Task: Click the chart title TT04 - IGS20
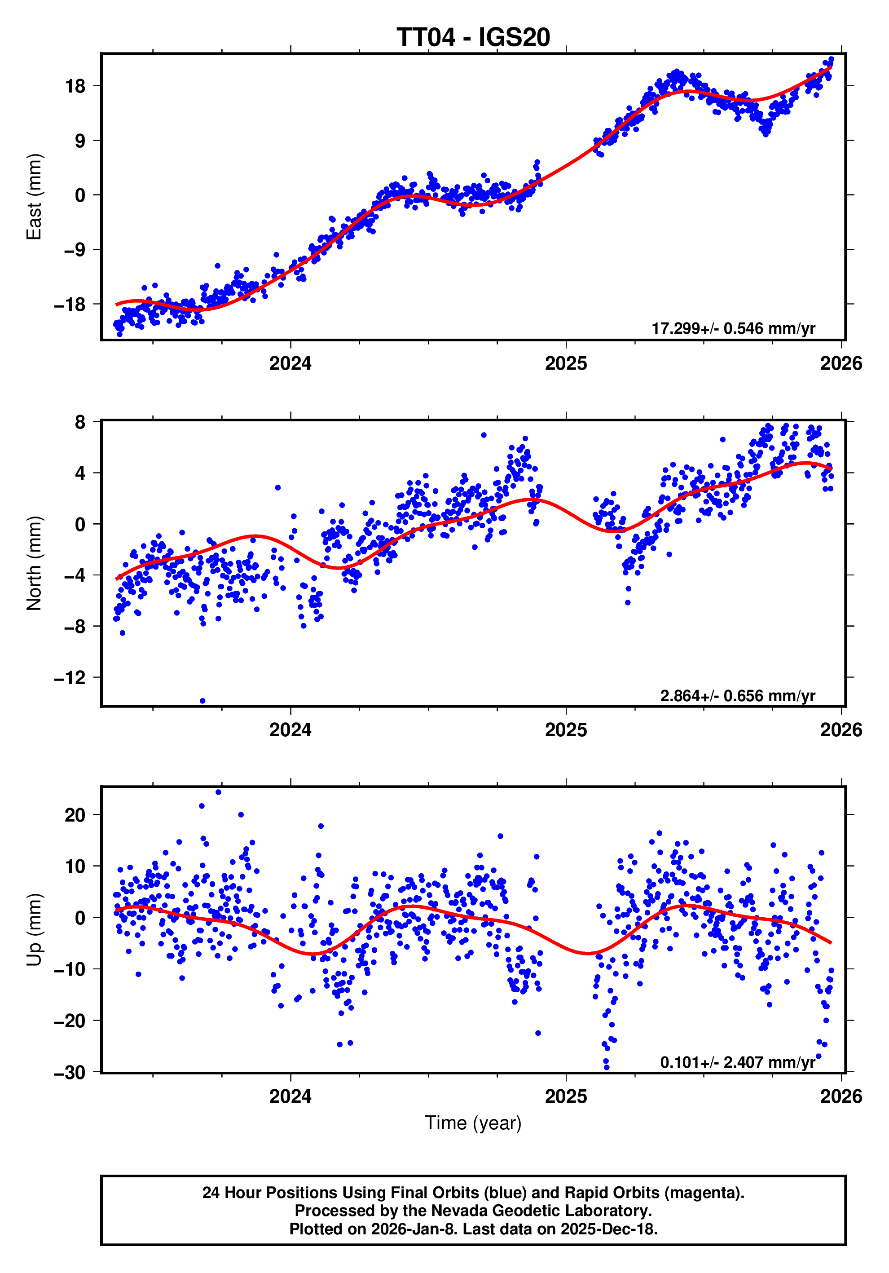pos(473,37)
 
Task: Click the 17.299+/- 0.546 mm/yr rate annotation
pos(733,328)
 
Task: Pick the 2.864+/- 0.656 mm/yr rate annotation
pos(737,695)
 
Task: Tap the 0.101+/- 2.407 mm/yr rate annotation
pos(737,1062)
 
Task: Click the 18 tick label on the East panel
pos(75,87)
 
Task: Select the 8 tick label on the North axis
pos(80,423)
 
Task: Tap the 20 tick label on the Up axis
pos(75,815)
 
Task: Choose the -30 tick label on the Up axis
pos(70,1073)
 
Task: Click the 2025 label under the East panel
pos(565,364)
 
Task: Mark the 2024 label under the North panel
pos(290,730)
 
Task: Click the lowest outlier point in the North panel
pos(202,701)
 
